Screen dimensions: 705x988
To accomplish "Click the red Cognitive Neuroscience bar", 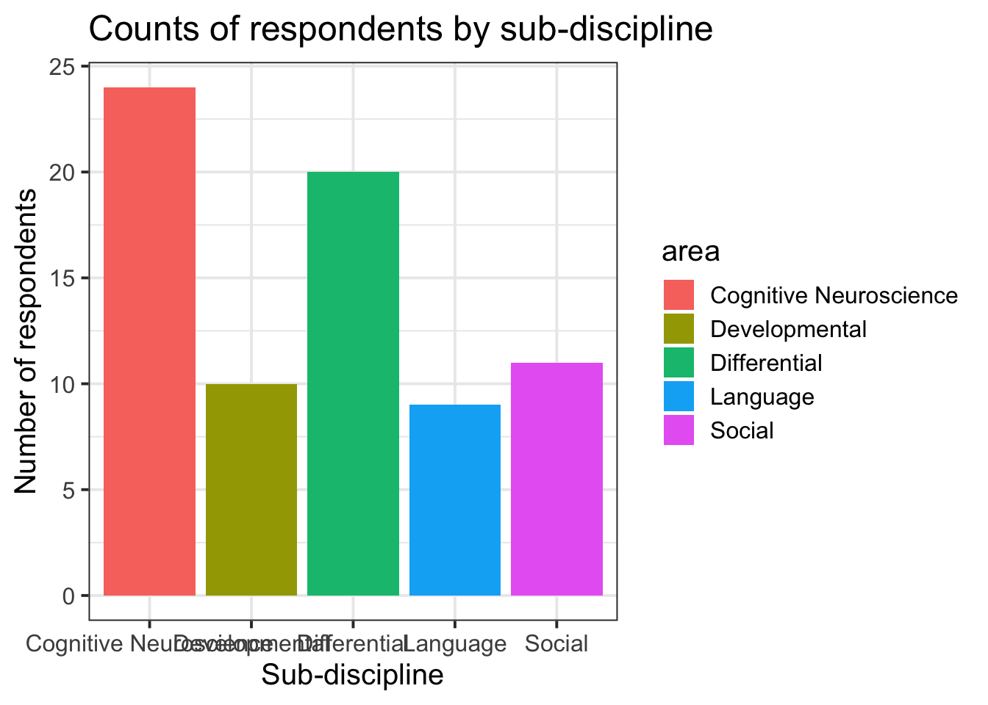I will pyautogui.click(x=149, y=341).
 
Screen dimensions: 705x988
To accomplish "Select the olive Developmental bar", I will pyautogui.click(x=251, y=490).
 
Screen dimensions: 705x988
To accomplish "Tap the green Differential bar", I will pyautogui.click(x=353, y=383).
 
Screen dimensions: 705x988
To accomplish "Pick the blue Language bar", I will pyautogui.click(x=454, y=500).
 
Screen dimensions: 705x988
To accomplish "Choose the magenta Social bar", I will pyautogui.click(x=556, y=479).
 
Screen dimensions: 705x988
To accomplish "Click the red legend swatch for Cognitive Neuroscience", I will pyautogui.click(x=679, y=295).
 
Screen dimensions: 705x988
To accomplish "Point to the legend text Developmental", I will pyautogui.click(x=788, y=329).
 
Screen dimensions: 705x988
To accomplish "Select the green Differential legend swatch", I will pyautogui.click(x=679, y=363).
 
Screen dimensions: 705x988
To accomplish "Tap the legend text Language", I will pyautogui.click(x=762, y=397).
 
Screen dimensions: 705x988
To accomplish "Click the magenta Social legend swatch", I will pyautogui.click(x=679, y=430).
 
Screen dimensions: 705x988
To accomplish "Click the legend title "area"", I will pyautogui.click(x=690, y=252).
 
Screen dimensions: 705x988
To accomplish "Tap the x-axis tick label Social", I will pyautogui.click(x=556, y=644).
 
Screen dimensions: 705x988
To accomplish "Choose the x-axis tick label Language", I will pyautogui.click(x=454, y=644).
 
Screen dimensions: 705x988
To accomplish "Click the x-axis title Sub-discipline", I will pyautogui.click(x=353, y=675).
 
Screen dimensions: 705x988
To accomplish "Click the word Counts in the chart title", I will pyautogui.click(x=137, y=29).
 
